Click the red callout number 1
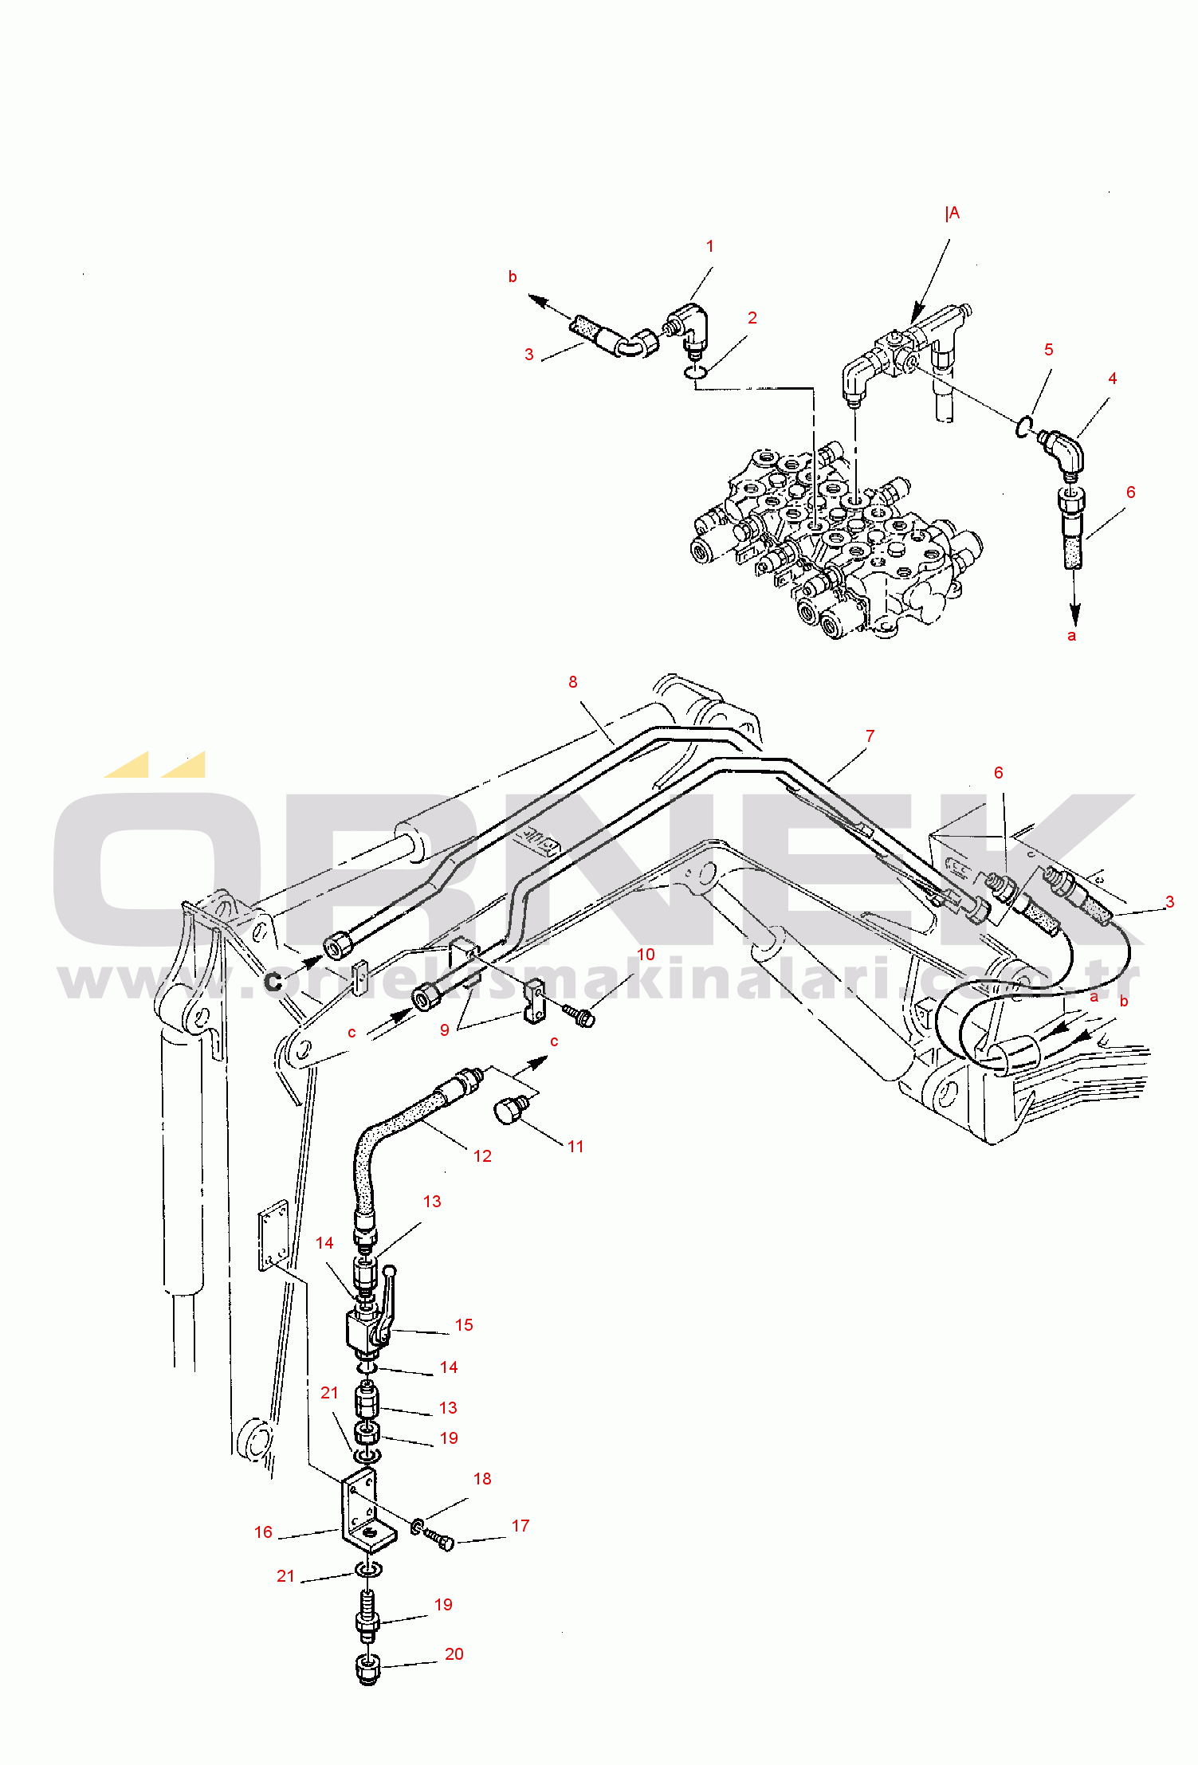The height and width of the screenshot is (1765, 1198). point(709,247)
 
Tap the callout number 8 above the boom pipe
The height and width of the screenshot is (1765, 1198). point(572,682)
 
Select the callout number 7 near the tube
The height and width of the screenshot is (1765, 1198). point(870,736)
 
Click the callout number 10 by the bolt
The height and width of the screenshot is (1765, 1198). point(646,955)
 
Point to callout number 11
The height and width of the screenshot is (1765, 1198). point(575,1147)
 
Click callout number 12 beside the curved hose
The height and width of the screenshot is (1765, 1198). point(482,1156)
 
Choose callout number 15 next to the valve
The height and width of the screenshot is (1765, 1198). point(464,1325)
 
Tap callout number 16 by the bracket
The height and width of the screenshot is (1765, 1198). point(263,1532)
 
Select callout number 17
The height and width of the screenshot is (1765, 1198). point(520,1526)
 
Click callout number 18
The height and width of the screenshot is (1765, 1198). point(482,1479)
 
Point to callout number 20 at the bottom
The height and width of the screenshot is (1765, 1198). point(454,1654)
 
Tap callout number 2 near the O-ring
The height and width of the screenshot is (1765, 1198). point(752,318)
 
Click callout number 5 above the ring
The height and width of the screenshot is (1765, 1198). point(1048,350)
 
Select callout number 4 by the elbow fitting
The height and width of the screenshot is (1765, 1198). point(1112,379)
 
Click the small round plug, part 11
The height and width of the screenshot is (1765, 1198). point(509,1109)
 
